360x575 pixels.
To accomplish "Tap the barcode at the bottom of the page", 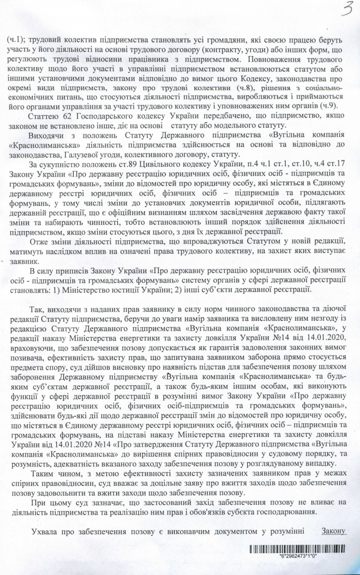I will click(x=298, y=549).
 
